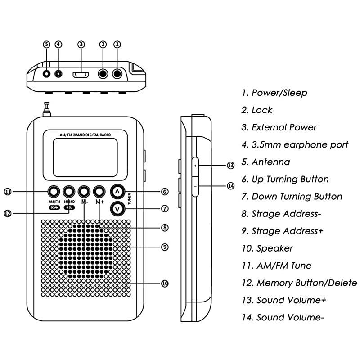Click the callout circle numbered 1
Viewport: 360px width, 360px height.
click(x=117, y=44)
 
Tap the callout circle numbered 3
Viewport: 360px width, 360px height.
click(x=81, y=44)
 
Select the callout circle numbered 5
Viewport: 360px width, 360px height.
click(x=47, y=44)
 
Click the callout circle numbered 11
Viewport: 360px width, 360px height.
click(x=8, y=192)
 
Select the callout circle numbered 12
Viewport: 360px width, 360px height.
click(x=8, y=213)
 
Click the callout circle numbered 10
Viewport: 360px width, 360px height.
click(x=165, y=283)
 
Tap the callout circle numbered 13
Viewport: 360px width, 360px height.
click(x=231, y=166)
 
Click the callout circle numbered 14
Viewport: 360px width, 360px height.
click(x=231, y=185)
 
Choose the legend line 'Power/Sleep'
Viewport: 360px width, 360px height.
click(x=274, y=93)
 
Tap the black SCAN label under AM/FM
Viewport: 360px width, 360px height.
click(x=54, y=207)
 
